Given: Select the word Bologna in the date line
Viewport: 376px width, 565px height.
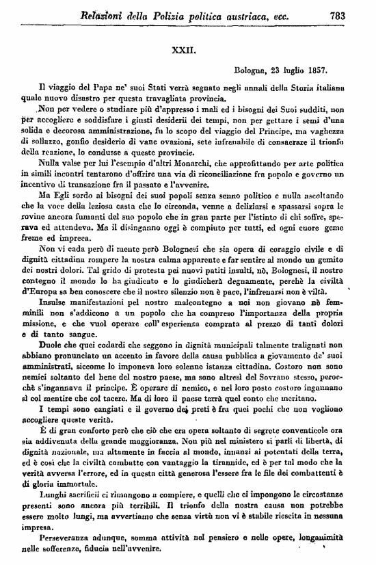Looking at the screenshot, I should pyautogui.click(x=250, y=70).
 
